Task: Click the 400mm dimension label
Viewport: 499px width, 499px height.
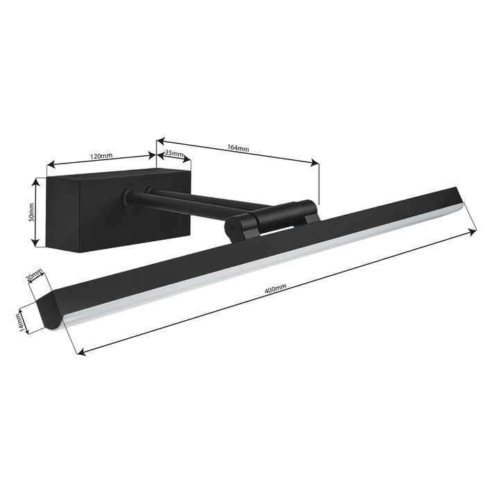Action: [x=276, y=289]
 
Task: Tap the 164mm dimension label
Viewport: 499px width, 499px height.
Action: [x=238, y=148]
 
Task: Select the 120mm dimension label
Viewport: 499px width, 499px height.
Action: [x=101, y=156]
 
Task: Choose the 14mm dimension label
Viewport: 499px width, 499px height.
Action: [x=22, y=320]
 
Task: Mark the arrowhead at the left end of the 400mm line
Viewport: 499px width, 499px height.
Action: [x=80, y=352]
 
